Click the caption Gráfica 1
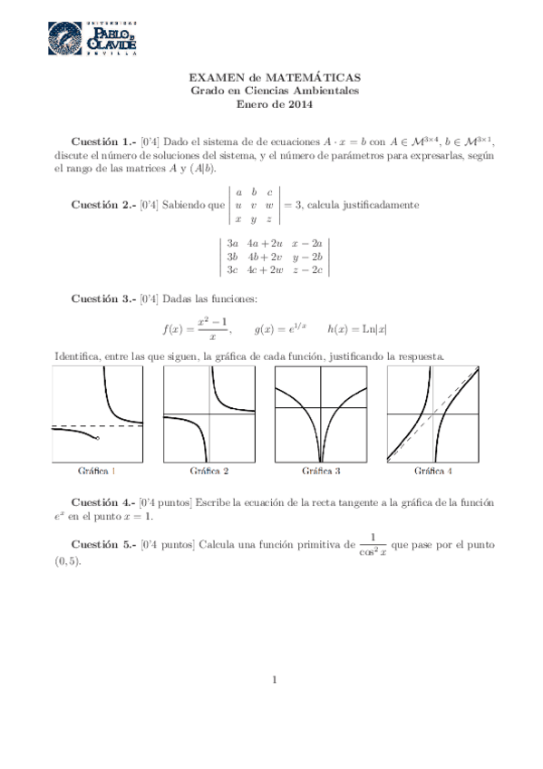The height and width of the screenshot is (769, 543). click(x=97, y=472)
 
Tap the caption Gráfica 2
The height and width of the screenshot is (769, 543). click(x=208, y=472)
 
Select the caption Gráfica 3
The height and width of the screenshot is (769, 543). click(x=321, y=472)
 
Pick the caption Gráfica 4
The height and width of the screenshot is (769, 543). click(x=433, y=472)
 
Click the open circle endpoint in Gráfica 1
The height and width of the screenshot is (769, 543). click(x=97, y=438)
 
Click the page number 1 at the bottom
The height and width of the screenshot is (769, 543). click(x=272, y=679)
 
